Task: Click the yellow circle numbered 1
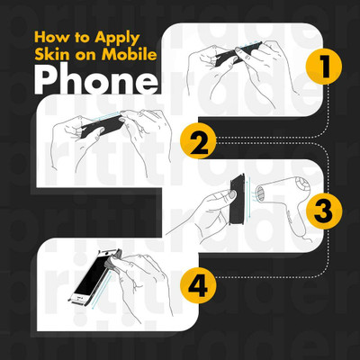coord(324,67)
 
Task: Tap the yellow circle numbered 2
coord(198,140)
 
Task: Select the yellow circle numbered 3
coord(324,211)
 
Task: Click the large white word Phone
coord(95,80)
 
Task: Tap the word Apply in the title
coord(117,39)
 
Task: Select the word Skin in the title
coord(48,54)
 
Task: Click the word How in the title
coord(51,37)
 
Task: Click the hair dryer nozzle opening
coord(260,193)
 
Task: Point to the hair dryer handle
coord(297,222)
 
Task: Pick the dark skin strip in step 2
coord(102,125)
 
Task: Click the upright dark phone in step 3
coord(237,200)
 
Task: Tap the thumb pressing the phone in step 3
coord(231,195)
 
